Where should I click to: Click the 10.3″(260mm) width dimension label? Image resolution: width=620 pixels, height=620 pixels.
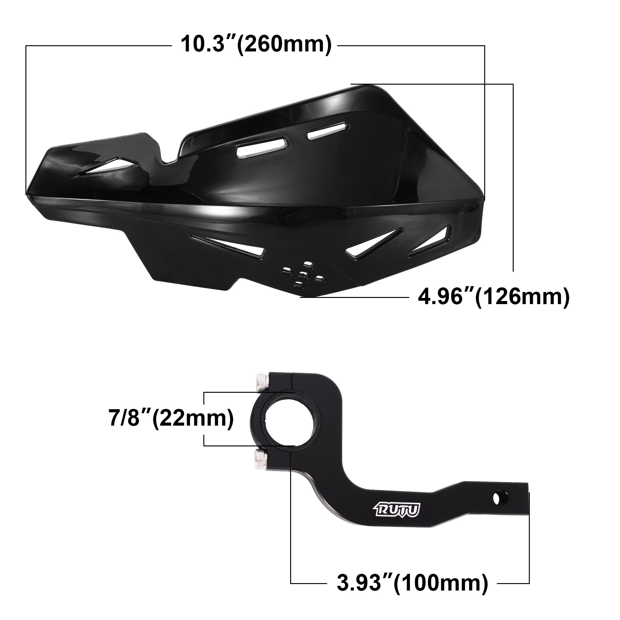click(256, 44)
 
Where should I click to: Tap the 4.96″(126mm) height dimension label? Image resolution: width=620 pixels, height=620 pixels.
click(494, 297)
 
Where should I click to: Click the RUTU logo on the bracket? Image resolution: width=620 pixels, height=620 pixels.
click(397, 510)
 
